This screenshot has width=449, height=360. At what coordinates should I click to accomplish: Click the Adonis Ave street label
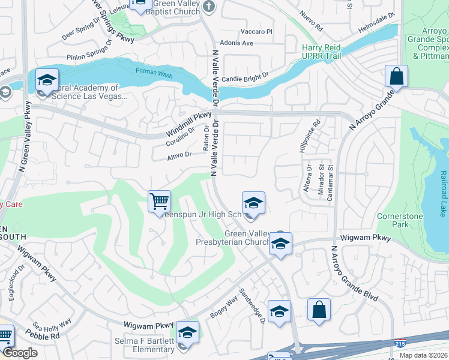[237, 43]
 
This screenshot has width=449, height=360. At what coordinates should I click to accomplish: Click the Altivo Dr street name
[179, 155]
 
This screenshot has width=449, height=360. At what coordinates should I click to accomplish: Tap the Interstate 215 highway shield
[400, 343]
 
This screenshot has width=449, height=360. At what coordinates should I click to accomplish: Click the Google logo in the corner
[20, 353]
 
